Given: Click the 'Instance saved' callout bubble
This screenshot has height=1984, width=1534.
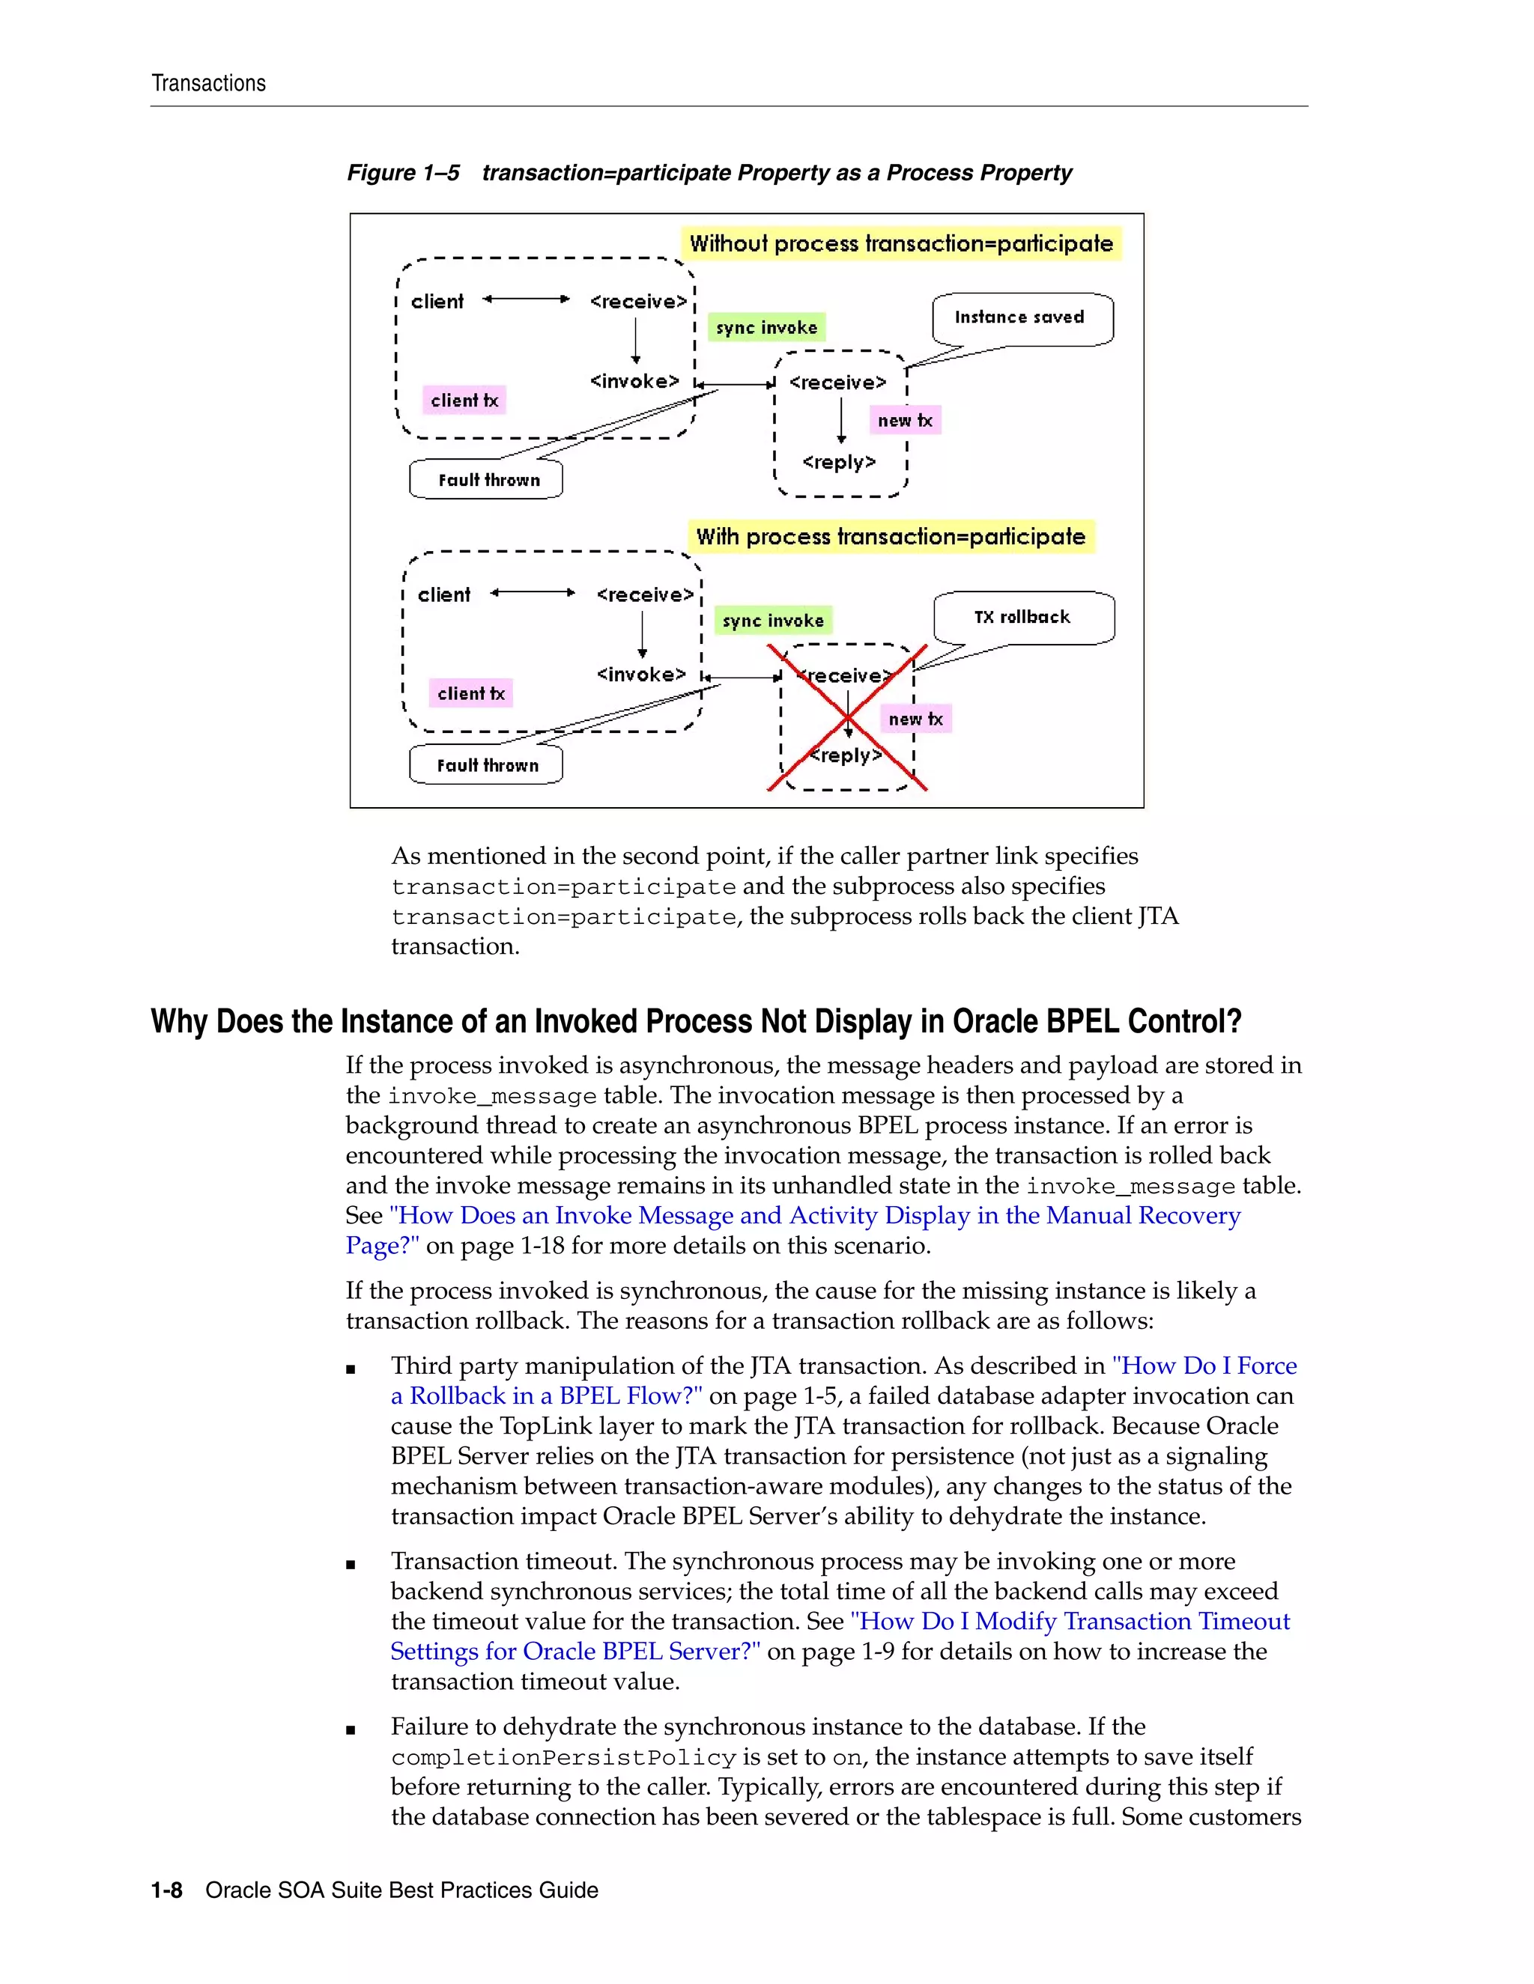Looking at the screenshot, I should pyautogui.click(x=1022, y=318).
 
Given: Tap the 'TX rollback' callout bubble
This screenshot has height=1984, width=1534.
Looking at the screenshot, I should pyautogui.click(x=1023, y=618).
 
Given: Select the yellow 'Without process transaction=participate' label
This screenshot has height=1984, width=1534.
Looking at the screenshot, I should pyautogui.click(x=900, y=243).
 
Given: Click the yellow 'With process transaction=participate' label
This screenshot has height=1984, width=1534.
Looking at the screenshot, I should pyautogui.click(x=891, y=537).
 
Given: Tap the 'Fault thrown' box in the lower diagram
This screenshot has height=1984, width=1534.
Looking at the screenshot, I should pyautogui.click(x=487, y=765).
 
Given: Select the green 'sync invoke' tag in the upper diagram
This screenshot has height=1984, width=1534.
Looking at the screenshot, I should pyautogui.click(x=766, y=328).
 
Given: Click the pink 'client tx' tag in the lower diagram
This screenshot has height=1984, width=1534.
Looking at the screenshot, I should pyautogui.click(x=470, y=694).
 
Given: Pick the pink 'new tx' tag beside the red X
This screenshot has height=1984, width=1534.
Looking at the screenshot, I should pyautogui.click(x=915, y=719).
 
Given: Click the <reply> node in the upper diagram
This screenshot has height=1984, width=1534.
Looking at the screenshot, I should pyautogui.click(x=839, y=463).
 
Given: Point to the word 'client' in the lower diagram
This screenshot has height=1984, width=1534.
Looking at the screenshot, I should pyautogui.click(x=443, y=595).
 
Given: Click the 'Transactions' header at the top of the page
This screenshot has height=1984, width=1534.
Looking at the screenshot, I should pyautogui.click(x=208, y=84).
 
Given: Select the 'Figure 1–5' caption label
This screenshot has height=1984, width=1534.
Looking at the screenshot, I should pyautogui.click(x=402, y=173).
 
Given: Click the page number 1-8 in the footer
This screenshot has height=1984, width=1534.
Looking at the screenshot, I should pyautogui.click(x=166, y=1890).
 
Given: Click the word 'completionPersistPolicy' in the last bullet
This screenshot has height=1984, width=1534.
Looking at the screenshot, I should pyautogui.click(x=563, y=1758).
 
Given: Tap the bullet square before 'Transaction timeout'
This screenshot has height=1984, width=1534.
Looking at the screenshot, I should pyautogui.click(x=351, y=1564).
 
